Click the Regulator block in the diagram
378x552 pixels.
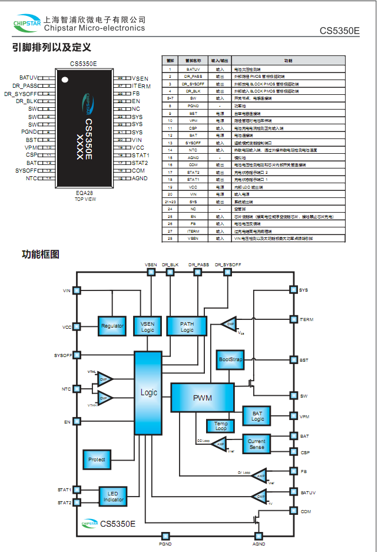point(112,326)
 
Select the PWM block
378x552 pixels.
point(202,398)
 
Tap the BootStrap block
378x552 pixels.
point(230,359)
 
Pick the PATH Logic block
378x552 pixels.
point(187,326)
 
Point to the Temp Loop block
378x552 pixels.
point(220,425)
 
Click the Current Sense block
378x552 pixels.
point(257,444)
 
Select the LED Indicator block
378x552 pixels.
point(113,496)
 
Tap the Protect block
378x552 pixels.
point(97,459)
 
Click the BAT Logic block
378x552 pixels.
point(257,417)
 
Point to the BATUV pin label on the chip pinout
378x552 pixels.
point(28,78)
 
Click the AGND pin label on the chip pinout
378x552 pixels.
point(140,178)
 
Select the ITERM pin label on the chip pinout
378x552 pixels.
point(141,86)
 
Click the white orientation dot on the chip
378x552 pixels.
point(66,79)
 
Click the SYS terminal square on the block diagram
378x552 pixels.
point(293,290)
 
